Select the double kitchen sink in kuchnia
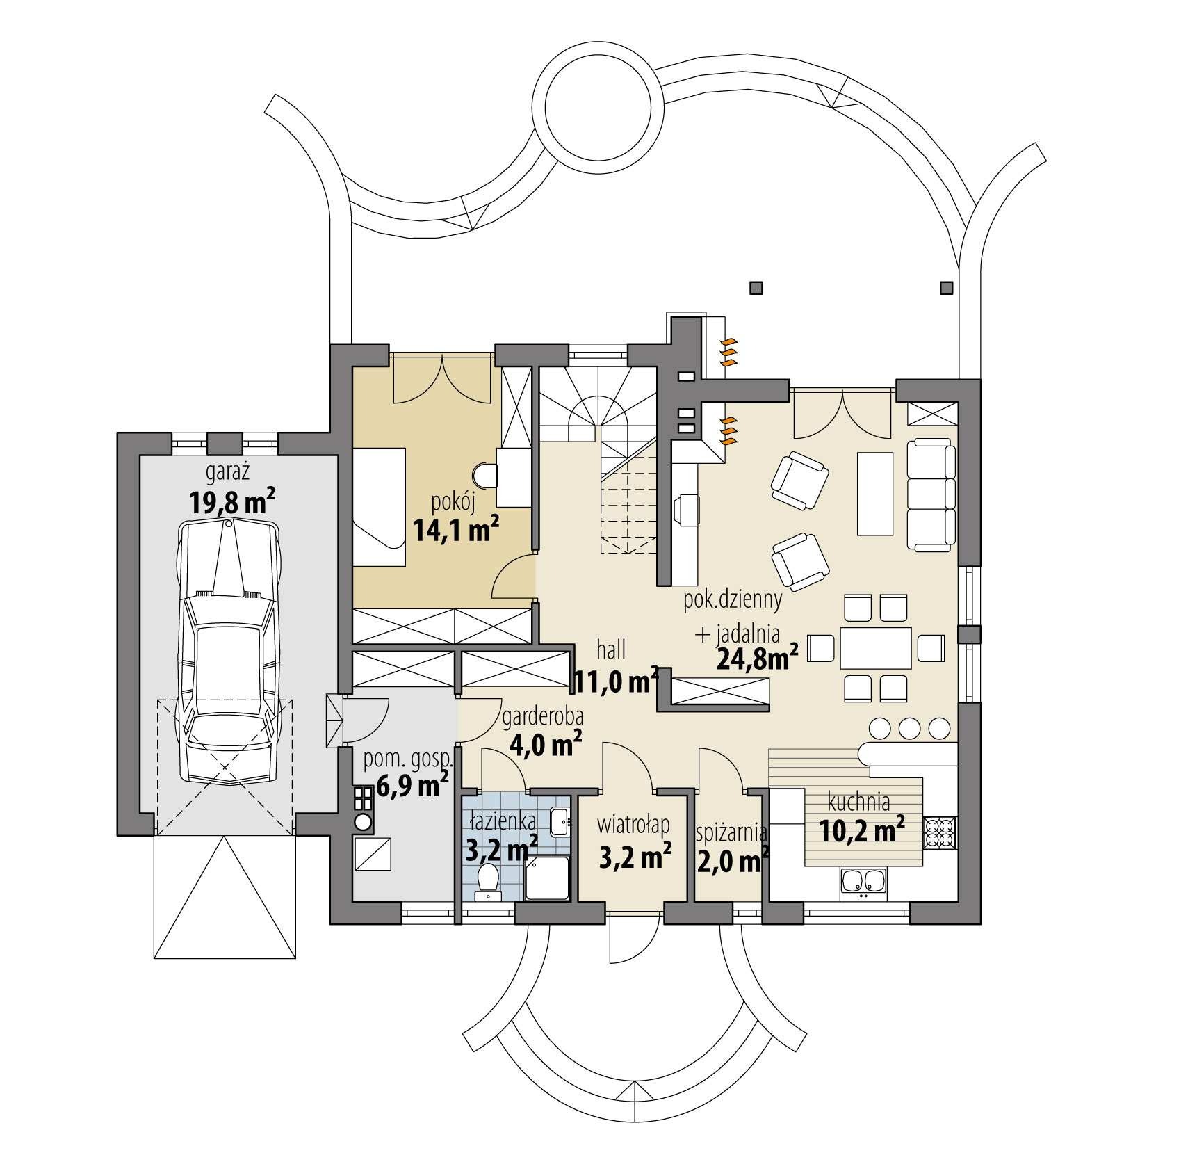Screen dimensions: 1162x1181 (x=863, y=882)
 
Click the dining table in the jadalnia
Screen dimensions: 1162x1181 (x=875, y=648)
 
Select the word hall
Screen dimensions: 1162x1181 (x=611, y=649)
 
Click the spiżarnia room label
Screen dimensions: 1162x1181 (x=731, y=832)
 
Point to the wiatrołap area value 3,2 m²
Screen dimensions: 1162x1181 (x=634, y=857)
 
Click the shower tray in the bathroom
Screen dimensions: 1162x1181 (x=547, y=878)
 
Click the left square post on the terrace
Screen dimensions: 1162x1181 (x=756, y=287)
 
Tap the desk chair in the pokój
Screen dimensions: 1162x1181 (x=484, y=476)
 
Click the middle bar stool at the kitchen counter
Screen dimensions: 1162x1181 (x=909, y=728)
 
